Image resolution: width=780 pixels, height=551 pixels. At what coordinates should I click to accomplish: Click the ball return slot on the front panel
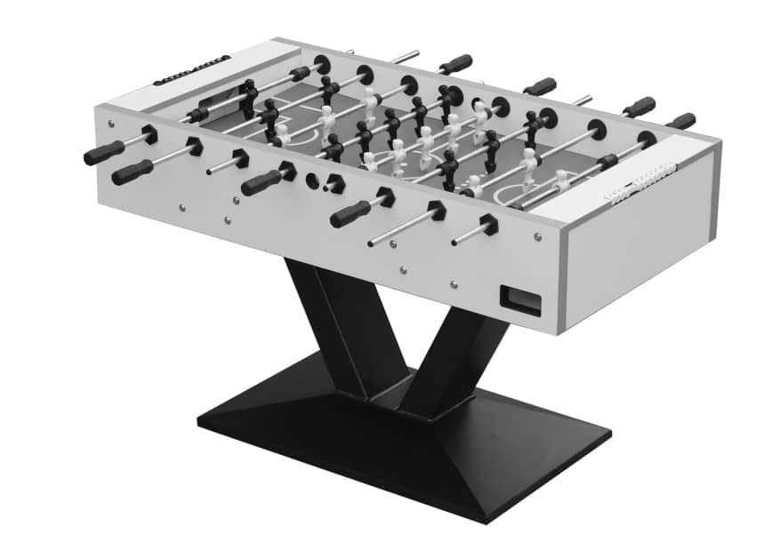coord(520,299)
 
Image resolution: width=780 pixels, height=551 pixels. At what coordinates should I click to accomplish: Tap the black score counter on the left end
coord(191,70)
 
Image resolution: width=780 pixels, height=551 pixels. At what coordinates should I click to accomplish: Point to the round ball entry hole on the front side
coord(313,180)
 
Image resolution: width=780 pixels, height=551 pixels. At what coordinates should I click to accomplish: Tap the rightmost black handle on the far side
coord(681,121)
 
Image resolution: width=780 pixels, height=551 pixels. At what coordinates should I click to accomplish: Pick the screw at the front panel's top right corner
coord(537,236)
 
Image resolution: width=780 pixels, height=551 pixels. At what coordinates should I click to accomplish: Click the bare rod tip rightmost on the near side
coord(456,239)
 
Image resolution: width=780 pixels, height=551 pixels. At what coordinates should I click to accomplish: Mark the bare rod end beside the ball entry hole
coord(328,186)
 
